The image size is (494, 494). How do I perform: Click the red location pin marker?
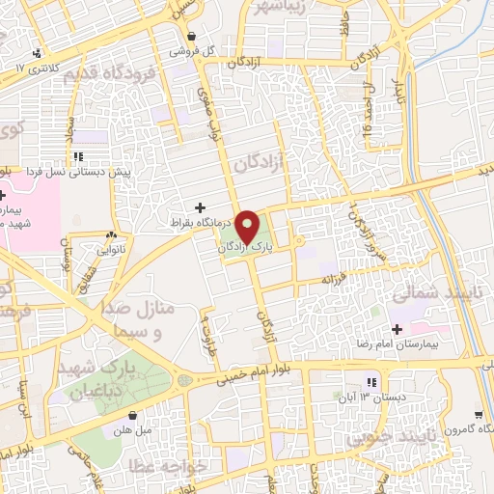coord(247,228)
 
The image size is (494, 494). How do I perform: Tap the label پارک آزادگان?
coord(241,248)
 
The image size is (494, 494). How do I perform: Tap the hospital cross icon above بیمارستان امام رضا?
coord(397,330)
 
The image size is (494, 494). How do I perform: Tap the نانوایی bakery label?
coord(112,248)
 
